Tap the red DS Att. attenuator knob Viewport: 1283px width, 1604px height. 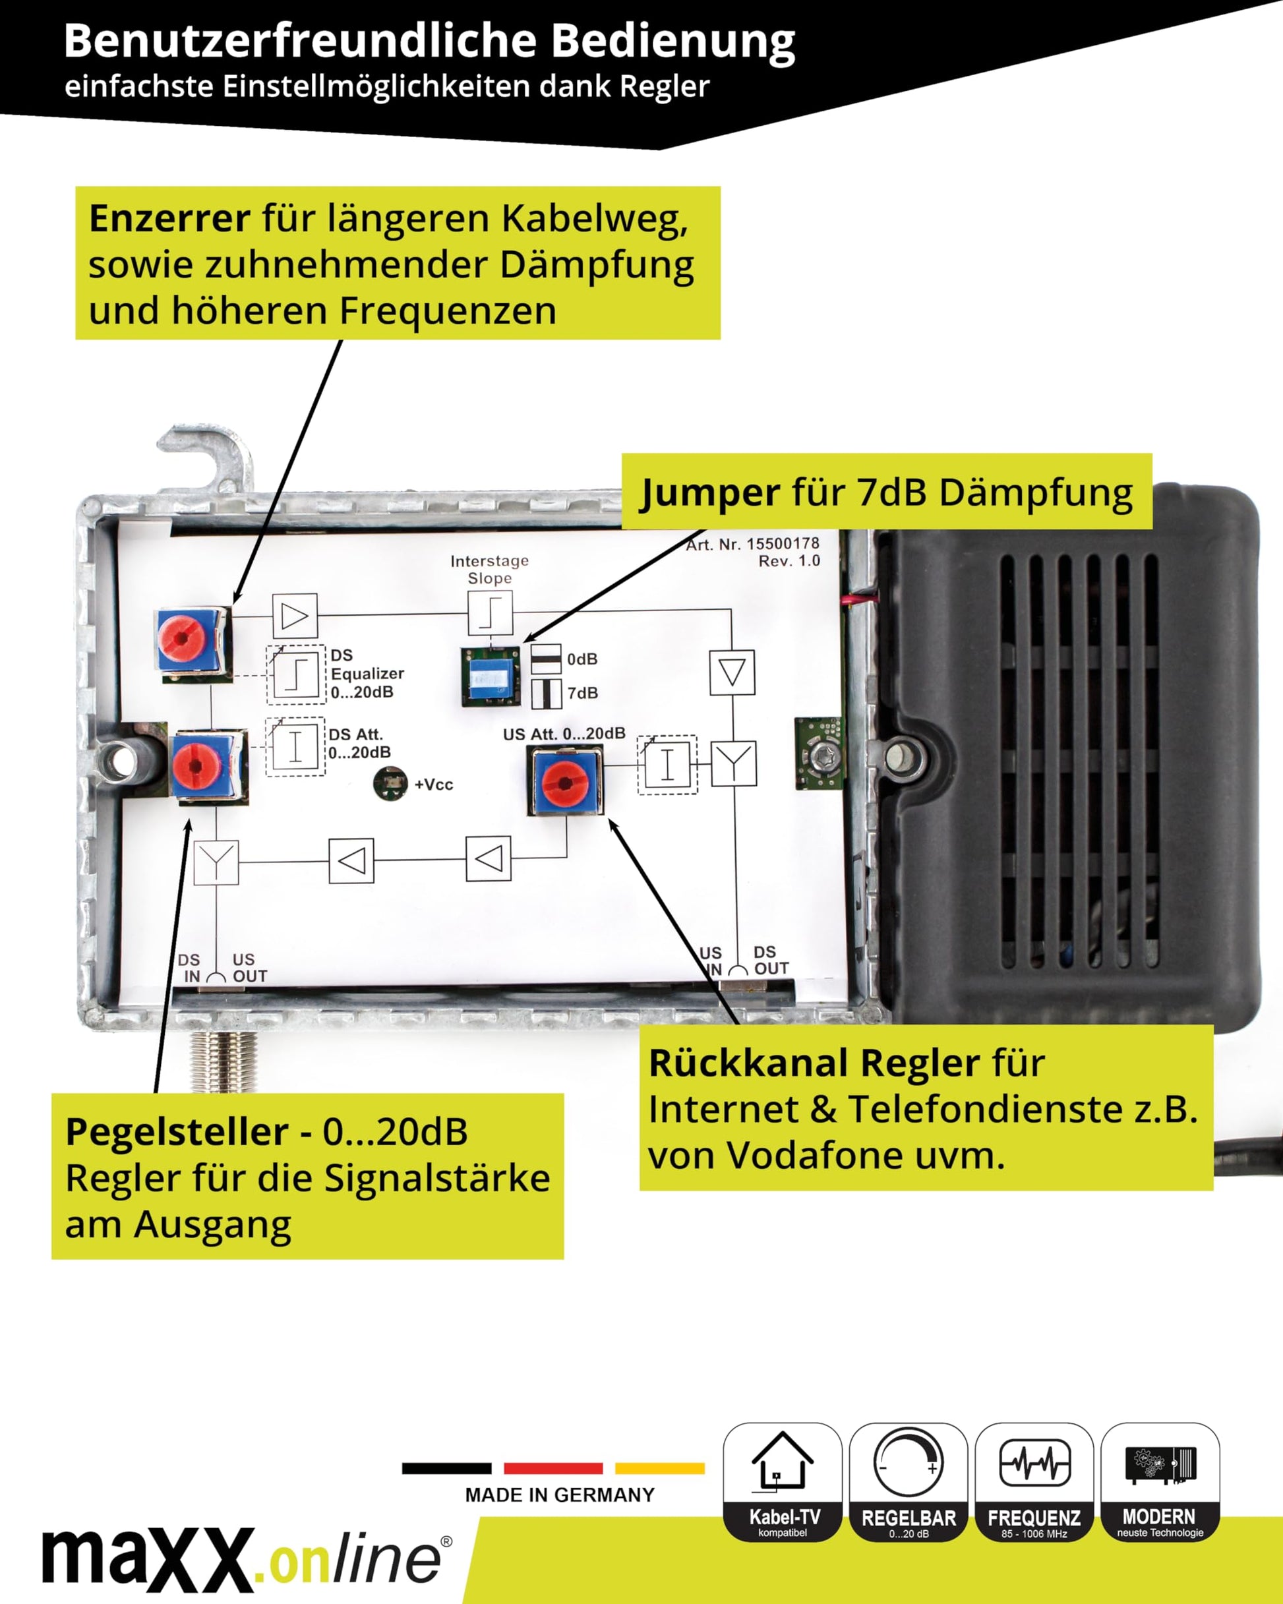pos(196,766)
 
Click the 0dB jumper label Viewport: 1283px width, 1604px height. pos(582,659)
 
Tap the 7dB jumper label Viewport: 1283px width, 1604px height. pos(582,694)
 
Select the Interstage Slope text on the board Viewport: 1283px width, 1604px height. pos(490,569)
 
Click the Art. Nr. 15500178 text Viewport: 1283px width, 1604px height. pos(752,544)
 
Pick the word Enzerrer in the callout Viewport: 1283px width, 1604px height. pos(169,219)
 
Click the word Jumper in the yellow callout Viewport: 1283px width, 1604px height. pos(710,492)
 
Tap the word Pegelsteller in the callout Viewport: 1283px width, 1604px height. pos(177,1131)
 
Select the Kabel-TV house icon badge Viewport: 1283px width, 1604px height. pos(782,1481)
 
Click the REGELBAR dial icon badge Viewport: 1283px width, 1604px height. pos(908,1481)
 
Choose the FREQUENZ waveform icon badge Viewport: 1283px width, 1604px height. pos(1034,1481)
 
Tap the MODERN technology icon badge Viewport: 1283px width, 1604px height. pos(1160,1481)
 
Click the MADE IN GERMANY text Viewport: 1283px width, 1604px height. pos(560,1495)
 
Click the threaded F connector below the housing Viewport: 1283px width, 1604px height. pos(224,1060)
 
